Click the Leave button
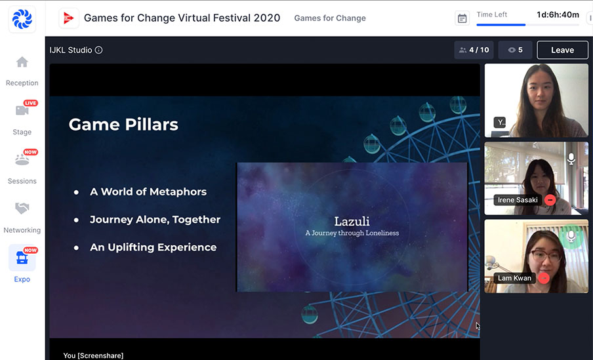click(x=562, y=50)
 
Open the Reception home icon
click(x=22, y=62)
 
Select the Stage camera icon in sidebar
click(x=22, y=110)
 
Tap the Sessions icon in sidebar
click(x=22, y=160)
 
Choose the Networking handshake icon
click(x=22, y=209)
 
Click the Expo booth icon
click(x=22, y=258)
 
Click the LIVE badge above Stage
click(x=30, y=103)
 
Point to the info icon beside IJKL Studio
click(x=98, y=50)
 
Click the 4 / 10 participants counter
click(x=474, y=50)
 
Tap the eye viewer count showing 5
click(x=515, y=50)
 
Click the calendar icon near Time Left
click(x=462, y=18)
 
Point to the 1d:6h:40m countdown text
click(x=558, y=14)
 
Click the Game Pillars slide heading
click(x=123, y=125)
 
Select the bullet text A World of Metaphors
click(x=148, y=191)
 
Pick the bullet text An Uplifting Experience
click(x=153, y=247)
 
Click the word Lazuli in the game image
click(x=352, y=221)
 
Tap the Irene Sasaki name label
click(x=518, y=200)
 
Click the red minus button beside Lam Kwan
click(x=544, y=278)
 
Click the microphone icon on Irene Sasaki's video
click(x=571, y=159)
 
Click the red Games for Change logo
click(x=68, y=18)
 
